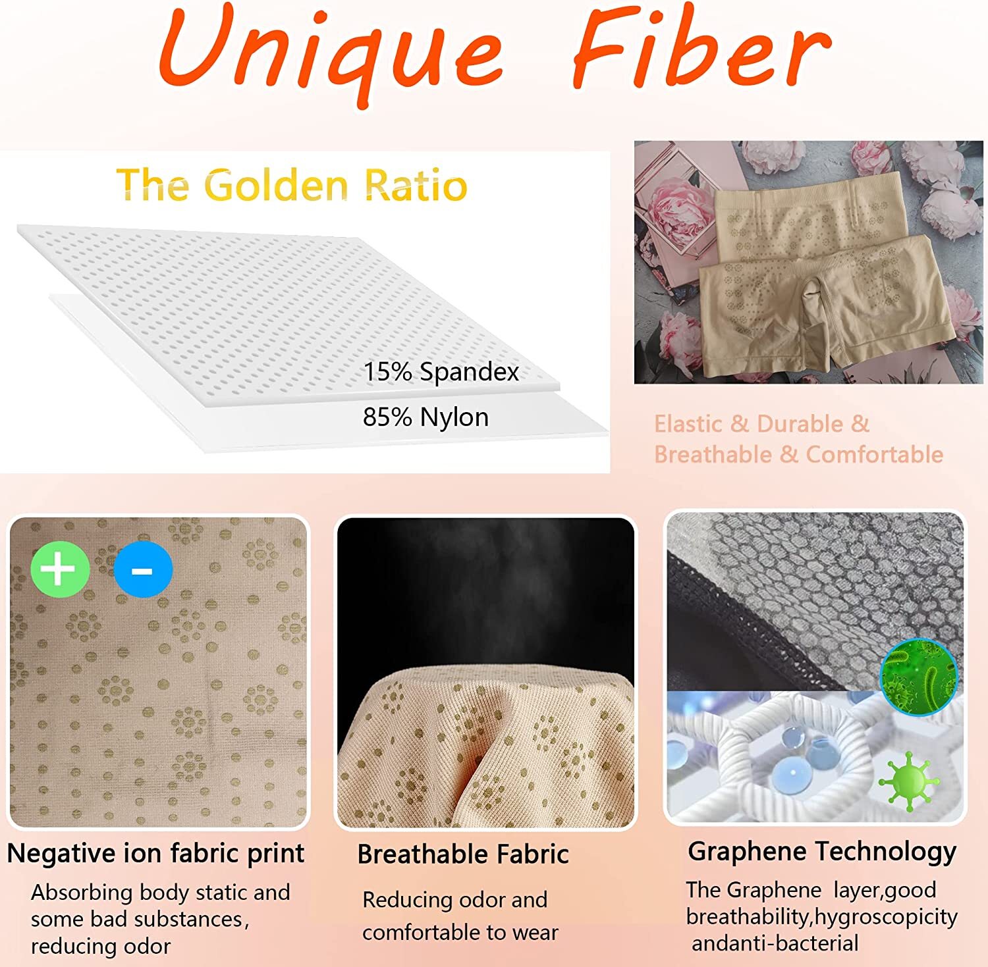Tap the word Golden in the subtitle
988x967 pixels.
pyautogui.click(x=279, y=185)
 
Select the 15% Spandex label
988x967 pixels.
pyautogui.click(x=441, y=372)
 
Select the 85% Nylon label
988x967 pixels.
pyautogui.click(x=425, y=417)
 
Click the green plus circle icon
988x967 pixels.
pyautogui.click(x=60, y=569)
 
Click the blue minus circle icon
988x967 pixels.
pyautogui.click(x=143, y=569)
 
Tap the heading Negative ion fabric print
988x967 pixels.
pyautogui.click(x=155, y=854)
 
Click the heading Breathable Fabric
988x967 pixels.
pyautogui.click(x=463, y=854)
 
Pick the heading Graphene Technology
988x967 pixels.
pyautogui.click(x=822, y=852)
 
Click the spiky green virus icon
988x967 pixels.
pyautogui.click(x=909, y=781)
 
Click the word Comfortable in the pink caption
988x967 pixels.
pyautogui.click(x=875, y=454)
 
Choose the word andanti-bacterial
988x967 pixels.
pyautogui.click(x=775, y=943)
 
